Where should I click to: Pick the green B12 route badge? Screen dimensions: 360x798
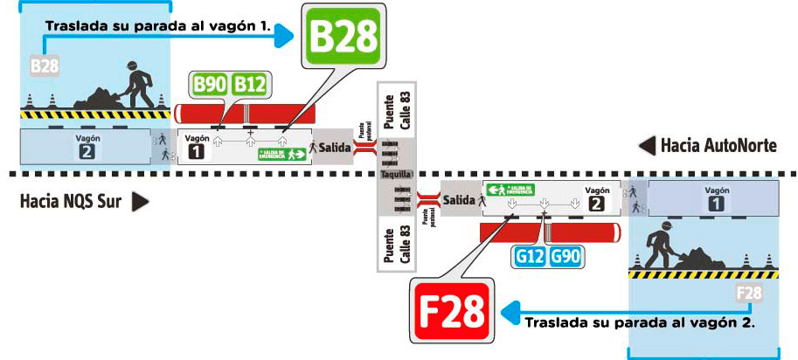[x=250, y=86]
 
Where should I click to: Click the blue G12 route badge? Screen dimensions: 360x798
[x=531, y=257]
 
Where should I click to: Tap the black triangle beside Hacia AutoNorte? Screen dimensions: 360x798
[x=647, y=145]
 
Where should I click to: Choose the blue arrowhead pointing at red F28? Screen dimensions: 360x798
[x=508, y=310]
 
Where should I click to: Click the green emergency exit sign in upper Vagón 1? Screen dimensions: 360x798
[x=283, y=155]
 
